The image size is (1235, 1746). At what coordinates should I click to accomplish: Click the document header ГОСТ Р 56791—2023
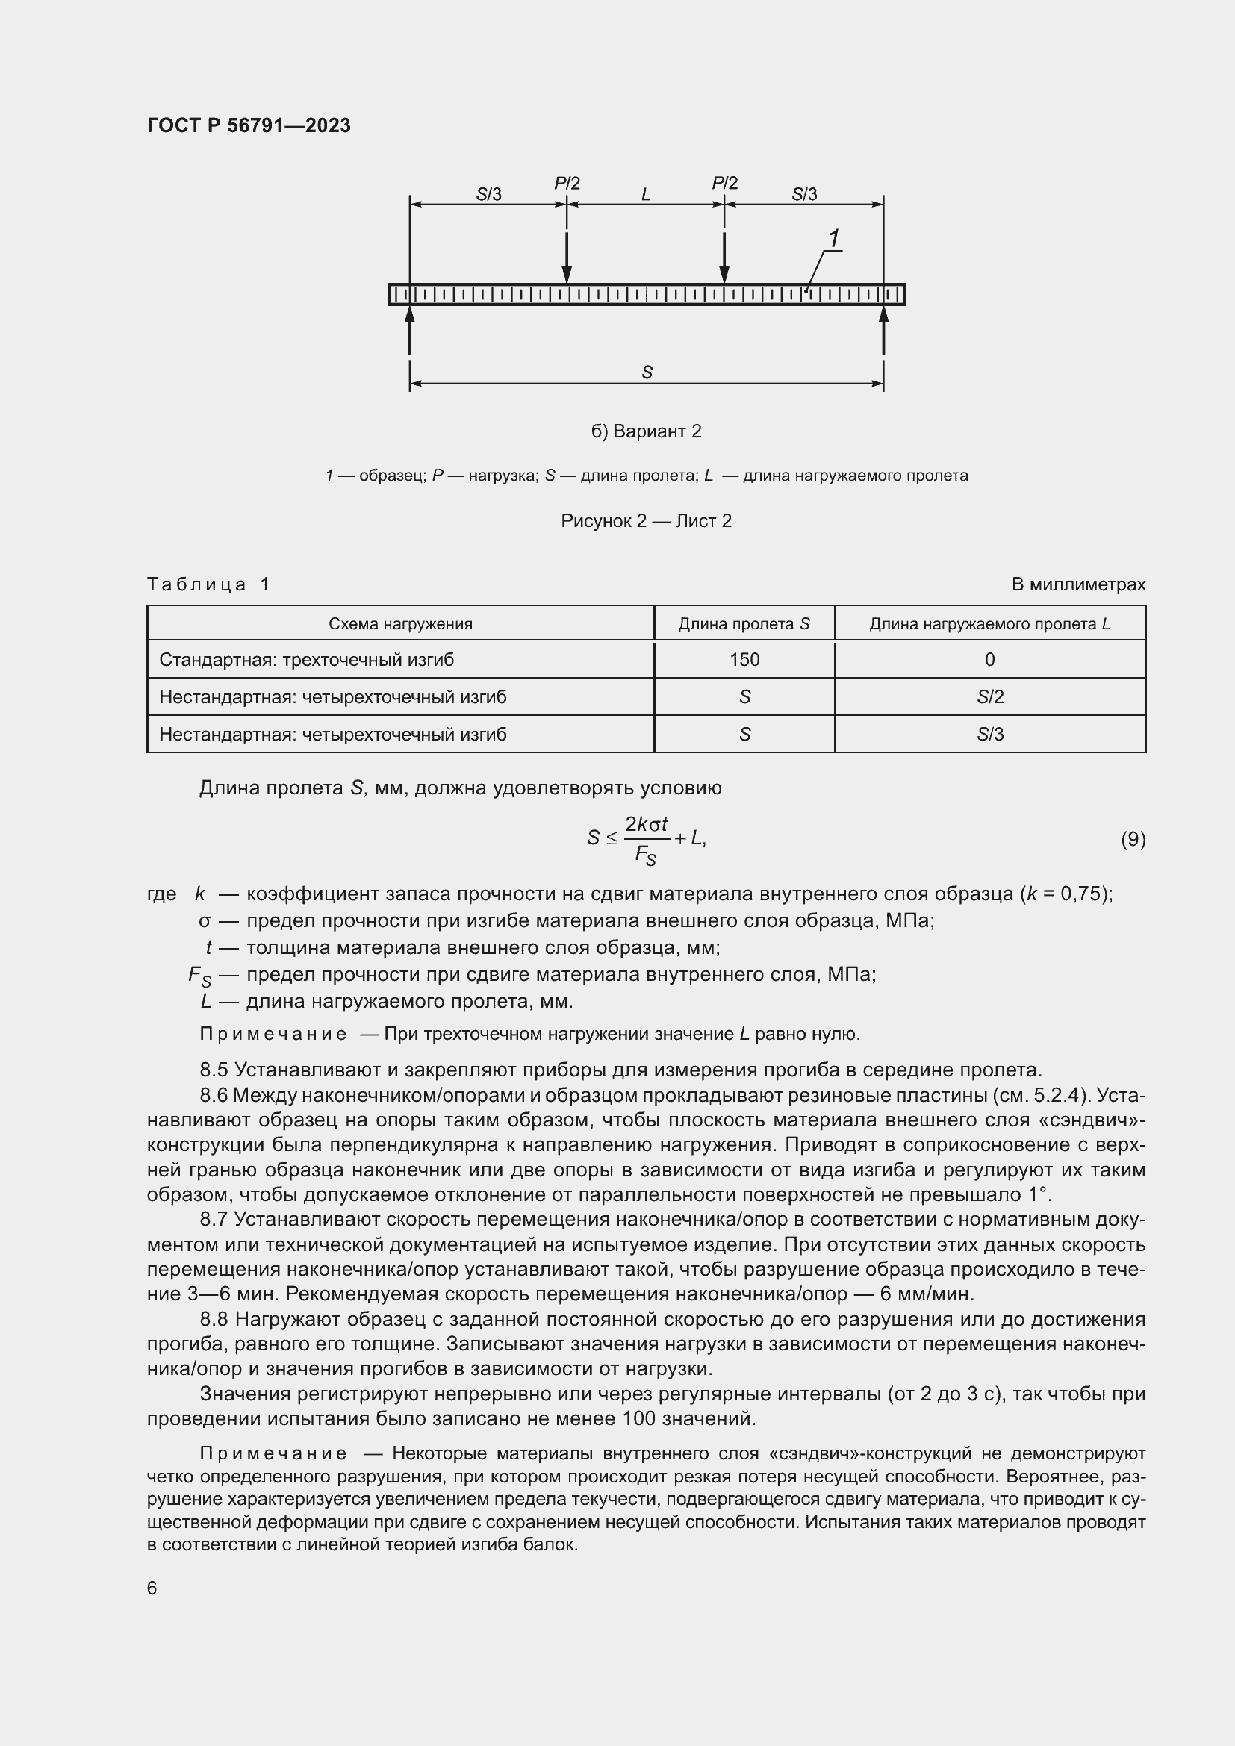249,125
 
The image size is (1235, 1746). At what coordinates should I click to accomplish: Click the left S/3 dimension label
488,195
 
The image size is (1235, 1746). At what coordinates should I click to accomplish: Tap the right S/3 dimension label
804,195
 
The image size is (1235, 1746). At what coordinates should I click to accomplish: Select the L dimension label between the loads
646,195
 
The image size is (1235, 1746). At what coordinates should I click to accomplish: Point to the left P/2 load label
567,184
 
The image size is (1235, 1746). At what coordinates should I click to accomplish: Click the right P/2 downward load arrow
724,258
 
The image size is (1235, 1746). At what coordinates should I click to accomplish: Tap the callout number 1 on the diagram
833,239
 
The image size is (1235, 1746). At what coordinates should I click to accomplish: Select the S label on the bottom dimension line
647,372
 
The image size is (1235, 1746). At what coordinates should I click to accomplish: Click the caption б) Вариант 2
646,431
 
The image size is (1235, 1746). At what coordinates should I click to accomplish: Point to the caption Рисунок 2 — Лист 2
646,521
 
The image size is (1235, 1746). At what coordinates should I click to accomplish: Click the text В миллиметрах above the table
1077,584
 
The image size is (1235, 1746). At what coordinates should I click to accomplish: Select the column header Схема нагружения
400,623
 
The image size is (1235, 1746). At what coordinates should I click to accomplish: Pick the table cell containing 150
744,659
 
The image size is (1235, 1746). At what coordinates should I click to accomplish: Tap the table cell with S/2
989,696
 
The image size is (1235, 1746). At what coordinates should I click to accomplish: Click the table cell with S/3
989,734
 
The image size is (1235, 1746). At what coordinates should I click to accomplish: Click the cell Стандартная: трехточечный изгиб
306,659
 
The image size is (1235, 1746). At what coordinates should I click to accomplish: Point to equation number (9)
1133,839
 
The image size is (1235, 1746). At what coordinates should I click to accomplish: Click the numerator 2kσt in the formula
646,824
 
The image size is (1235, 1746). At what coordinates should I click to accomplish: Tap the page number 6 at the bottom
152,1588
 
